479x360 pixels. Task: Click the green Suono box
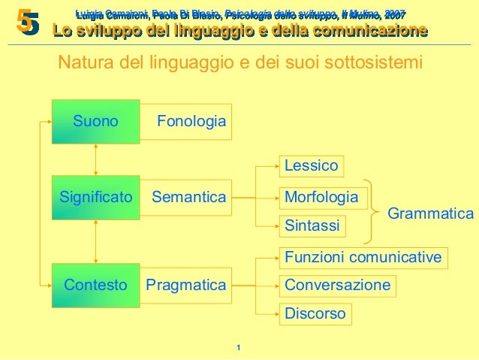click(95, 121)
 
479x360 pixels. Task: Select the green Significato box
click(95, 198)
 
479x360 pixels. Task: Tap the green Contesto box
click(95, 286)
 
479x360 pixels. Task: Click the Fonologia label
click(191, 121)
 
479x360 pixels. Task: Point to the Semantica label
click(188, 198)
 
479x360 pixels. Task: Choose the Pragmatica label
click(185, 286)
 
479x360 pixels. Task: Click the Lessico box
click(312, 165)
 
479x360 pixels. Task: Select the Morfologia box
click(321, 198)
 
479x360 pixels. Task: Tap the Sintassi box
click(312, 225)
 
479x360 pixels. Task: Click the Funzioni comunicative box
click(363, 258)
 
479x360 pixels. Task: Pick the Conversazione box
click(338, 286)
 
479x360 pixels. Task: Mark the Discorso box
click(315, 313)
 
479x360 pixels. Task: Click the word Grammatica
click(430, 214)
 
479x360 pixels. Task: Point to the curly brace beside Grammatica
click(368, 211)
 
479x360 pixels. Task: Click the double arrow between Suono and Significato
click(96, 159)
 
